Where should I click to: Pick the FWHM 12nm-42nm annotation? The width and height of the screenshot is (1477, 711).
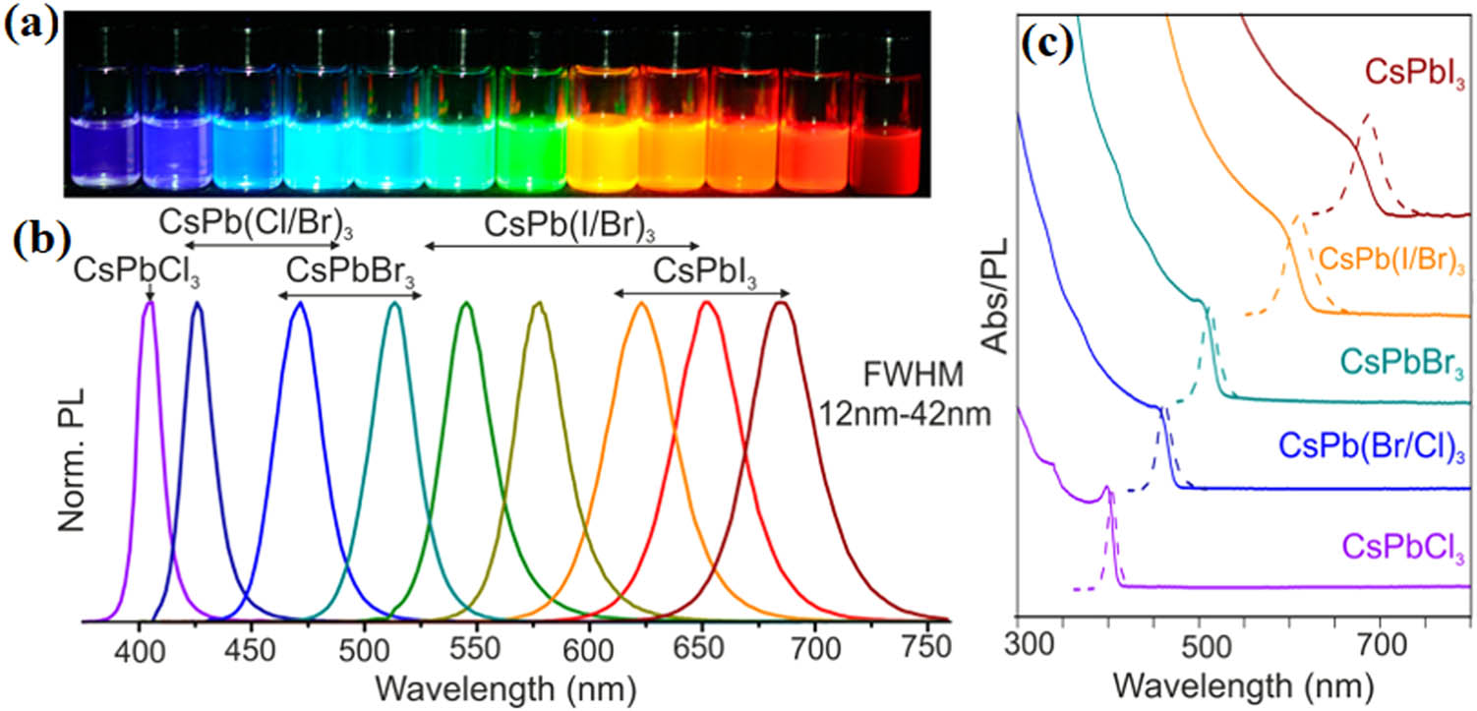[x=905, y=393]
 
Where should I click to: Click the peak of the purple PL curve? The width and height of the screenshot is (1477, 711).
[x=149, y=303]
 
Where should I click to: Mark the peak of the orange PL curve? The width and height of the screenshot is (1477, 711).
[x=641, y=303]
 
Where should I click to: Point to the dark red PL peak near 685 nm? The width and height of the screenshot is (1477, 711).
[x=782, y=303]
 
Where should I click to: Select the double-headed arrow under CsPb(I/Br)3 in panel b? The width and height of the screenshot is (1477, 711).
[x=561, y=246]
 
